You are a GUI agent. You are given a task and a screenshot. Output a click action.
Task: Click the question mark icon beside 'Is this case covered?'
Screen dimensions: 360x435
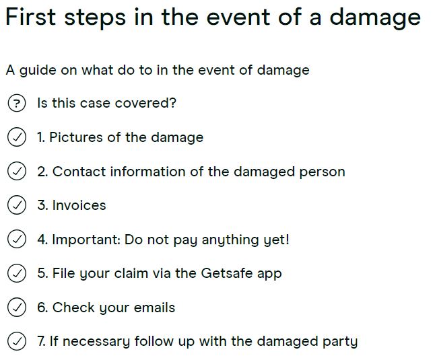coord(16,103)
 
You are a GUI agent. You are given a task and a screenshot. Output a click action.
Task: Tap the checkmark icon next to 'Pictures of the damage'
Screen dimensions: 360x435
coord(16,137)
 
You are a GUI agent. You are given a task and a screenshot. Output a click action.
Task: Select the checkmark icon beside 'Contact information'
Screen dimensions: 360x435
coord(16,172)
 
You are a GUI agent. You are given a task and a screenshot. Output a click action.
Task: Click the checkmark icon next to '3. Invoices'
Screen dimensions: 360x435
coord(16,205)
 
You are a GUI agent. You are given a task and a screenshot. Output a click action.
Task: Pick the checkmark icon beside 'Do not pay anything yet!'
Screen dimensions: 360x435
coord(16,240)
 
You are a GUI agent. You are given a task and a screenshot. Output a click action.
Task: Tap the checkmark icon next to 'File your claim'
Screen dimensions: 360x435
coord(16,273)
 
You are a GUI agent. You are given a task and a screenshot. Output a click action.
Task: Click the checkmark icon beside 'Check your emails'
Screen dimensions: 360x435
coord(16,308)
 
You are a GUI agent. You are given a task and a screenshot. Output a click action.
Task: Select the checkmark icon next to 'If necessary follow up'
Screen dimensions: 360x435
coord(16,341)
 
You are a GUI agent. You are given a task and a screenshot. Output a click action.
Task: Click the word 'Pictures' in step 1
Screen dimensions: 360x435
coord(76,137)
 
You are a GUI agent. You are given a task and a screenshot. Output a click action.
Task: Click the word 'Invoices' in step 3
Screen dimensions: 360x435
coord(79,205)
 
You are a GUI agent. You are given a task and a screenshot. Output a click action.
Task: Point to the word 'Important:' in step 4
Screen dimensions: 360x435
coord(86,240)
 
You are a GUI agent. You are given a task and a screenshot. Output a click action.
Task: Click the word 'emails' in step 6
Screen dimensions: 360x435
coord(154,308)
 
